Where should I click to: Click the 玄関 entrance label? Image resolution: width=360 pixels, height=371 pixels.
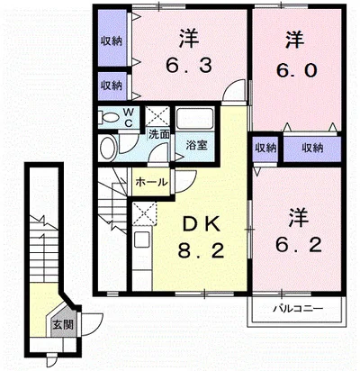(63, 324)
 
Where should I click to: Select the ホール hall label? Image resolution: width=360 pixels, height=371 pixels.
(151, 182)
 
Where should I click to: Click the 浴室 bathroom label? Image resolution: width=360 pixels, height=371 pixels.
(196, 146)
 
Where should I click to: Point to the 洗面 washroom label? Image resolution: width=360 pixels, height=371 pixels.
(159, 134)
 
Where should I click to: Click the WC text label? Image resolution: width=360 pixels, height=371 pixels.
(129, 117)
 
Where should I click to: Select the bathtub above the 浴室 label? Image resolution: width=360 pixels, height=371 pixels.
(195, 119)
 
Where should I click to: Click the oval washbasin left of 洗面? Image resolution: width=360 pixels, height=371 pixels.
(108, 149)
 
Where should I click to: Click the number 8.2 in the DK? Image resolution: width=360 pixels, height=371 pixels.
(201, 251)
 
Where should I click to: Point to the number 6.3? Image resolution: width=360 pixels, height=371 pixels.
(189, 66)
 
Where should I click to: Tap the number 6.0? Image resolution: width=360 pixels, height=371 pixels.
(296, 71)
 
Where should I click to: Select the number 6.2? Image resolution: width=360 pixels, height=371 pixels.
(298, 245)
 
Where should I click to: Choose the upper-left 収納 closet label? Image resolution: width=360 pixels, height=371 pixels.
(112, 41)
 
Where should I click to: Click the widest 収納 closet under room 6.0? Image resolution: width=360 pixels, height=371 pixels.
(312, 149)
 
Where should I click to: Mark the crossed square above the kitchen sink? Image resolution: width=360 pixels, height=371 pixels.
(145, 213)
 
